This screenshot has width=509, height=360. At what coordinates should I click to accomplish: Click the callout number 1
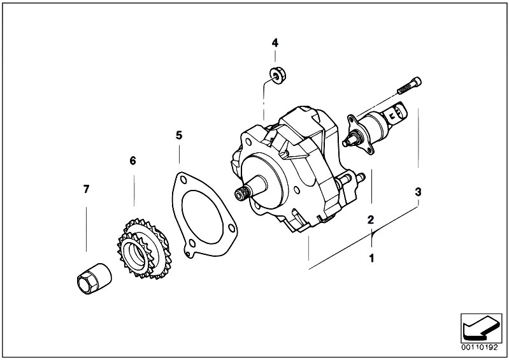(x=371, y=259)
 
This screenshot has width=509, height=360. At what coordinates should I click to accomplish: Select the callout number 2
(x=371, y=220)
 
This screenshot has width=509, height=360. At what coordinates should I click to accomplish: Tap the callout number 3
(x=418, y=192)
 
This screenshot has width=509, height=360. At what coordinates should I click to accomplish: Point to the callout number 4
(x=275, y=43)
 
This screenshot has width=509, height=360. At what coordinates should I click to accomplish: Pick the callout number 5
(x=179, y=135)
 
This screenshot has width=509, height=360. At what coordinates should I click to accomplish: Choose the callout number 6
(x=133, y=161)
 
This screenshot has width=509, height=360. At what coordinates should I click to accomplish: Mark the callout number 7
(x=86, y=189)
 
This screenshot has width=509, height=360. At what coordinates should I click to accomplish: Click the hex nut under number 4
(x=278, y=76)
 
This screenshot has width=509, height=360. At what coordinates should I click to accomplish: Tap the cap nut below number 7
(x=94, y=278)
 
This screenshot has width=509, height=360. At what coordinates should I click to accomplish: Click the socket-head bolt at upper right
(x=409, y=85)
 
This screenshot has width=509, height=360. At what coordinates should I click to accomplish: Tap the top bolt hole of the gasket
(x=183, y=180)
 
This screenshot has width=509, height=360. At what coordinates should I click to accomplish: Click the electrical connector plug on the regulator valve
(x=397, y=113)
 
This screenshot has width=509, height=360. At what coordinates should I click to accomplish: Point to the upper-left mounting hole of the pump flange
(x=248, y=142)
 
